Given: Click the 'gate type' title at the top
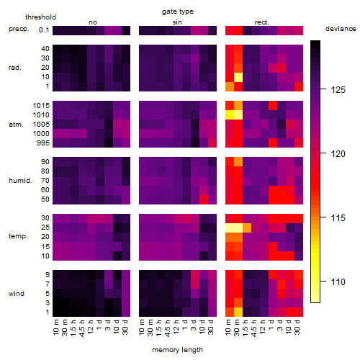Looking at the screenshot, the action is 178,12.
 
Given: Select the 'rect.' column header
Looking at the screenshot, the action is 261,22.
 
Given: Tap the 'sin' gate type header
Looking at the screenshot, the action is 177,22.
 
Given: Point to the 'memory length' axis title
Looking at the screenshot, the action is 177,350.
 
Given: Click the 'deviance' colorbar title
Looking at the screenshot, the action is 341,29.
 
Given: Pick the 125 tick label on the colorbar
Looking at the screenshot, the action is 338,90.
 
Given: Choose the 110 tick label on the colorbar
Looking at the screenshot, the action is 338,282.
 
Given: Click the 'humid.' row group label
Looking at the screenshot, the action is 20,181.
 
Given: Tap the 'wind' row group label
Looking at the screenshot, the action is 17,294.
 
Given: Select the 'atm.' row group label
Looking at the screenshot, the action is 16,125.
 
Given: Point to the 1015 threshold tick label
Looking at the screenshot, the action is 41,106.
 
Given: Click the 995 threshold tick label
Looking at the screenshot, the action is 43,143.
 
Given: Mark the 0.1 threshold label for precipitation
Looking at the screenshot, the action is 44,30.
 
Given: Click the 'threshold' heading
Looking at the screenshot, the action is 40,17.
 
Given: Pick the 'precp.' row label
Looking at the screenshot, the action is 19,29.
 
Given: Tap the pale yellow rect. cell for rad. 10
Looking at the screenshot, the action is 238,77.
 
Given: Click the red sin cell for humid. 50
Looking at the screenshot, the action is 204,199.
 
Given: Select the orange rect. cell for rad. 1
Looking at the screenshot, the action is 230,86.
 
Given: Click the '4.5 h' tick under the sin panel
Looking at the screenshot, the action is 168,328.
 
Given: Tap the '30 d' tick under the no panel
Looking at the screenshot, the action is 125,327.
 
